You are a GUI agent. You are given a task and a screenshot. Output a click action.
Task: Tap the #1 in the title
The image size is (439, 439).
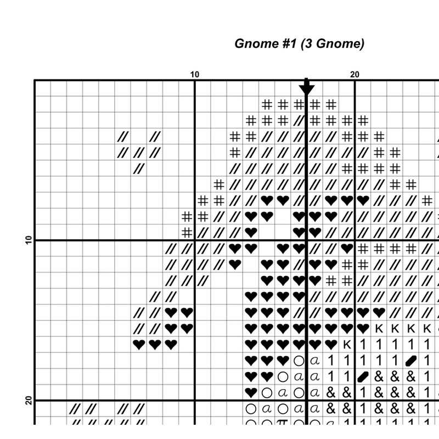coord(287,44)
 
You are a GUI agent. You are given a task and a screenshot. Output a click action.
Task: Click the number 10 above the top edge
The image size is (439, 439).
coord(195,75)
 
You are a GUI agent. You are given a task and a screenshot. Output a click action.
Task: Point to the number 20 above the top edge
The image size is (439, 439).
coord(354,75)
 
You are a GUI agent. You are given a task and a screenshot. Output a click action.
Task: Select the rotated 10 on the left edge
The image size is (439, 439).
coord(29,240)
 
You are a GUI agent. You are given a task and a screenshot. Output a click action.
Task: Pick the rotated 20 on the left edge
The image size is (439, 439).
coord(29,401)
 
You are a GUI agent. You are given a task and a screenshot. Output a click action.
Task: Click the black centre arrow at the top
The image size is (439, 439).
coord(307,88)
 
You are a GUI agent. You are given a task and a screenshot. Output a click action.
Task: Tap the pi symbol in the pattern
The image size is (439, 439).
coord(283,424)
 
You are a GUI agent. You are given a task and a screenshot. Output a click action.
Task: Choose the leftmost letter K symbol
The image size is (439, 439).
coord(347,345)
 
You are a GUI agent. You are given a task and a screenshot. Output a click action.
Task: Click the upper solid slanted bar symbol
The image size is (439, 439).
coord(411,361)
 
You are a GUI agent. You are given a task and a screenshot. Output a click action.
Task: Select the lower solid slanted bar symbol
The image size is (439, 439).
coord(363,377)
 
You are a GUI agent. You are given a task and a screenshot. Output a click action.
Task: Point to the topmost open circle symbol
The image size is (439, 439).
coord(299,361)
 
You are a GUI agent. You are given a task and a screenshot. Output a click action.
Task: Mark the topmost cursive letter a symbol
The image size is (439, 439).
coord(314,361)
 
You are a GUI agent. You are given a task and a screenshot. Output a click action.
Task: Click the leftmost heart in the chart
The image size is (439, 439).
coord(139,345)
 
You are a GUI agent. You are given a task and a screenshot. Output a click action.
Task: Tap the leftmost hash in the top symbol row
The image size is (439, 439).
coord(267,104)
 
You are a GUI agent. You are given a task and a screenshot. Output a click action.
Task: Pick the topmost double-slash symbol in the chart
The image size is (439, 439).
coord(299,120)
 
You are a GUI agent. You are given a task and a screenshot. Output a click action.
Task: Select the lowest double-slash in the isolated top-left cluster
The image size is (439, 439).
coord(139,168)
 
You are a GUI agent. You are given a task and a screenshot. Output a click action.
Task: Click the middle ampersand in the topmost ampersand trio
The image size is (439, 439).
coord(395,377)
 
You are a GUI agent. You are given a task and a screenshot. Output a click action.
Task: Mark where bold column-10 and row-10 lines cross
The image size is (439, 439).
coord(195,240)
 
